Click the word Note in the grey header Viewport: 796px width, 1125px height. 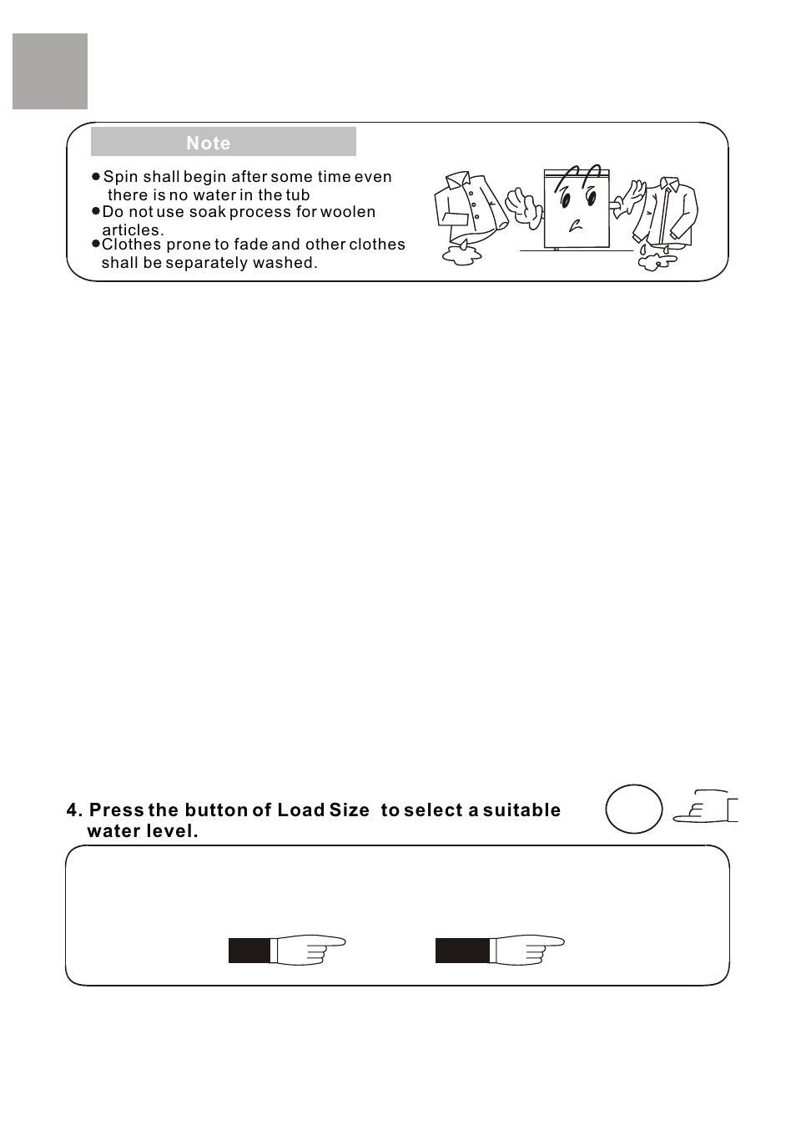point(209,143)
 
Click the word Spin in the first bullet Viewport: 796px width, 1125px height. point(120,177)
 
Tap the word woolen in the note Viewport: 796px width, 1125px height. point(347,212)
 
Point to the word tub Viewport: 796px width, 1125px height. point(297,195)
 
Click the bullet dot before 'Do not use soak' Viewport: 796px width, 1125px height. point(96,212)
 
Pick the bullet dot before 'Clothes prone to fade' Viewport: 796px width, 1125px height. point(96,245)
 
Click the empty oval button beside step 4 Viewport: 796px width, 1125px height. point(634,809)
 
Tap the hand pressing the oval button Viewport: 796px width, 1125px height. point(705,807)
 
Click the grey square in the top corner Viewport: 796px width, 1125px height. point(50,72)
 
